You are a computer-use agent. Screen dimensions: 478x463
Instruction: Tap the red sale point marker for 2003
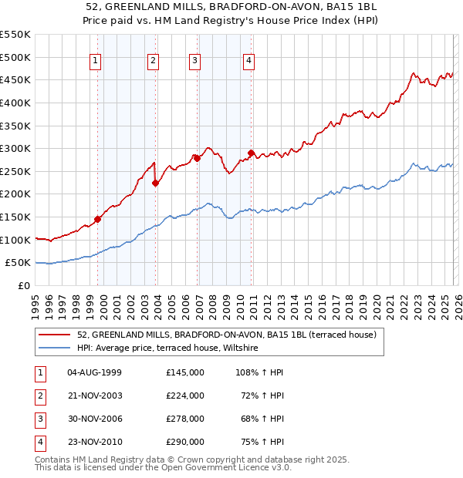click(156, 183)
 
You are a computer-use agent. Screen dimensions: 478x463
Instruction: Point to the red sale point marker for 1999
click(98, 219)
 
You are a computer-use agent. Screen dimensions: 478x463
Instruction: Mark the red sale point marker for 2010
click(252, 153)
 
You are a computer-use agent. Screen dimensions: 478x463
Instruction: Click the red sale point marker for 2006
click(197, 158)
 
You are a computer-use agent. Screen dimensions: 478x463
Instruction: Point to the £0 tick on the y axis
click(23, 286)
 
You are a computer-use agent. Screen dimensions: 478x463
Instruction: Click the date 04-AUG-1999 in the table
click(95, 372)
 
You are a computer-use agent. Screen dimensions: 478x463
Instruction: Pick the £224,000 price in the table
click(185, 396)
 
